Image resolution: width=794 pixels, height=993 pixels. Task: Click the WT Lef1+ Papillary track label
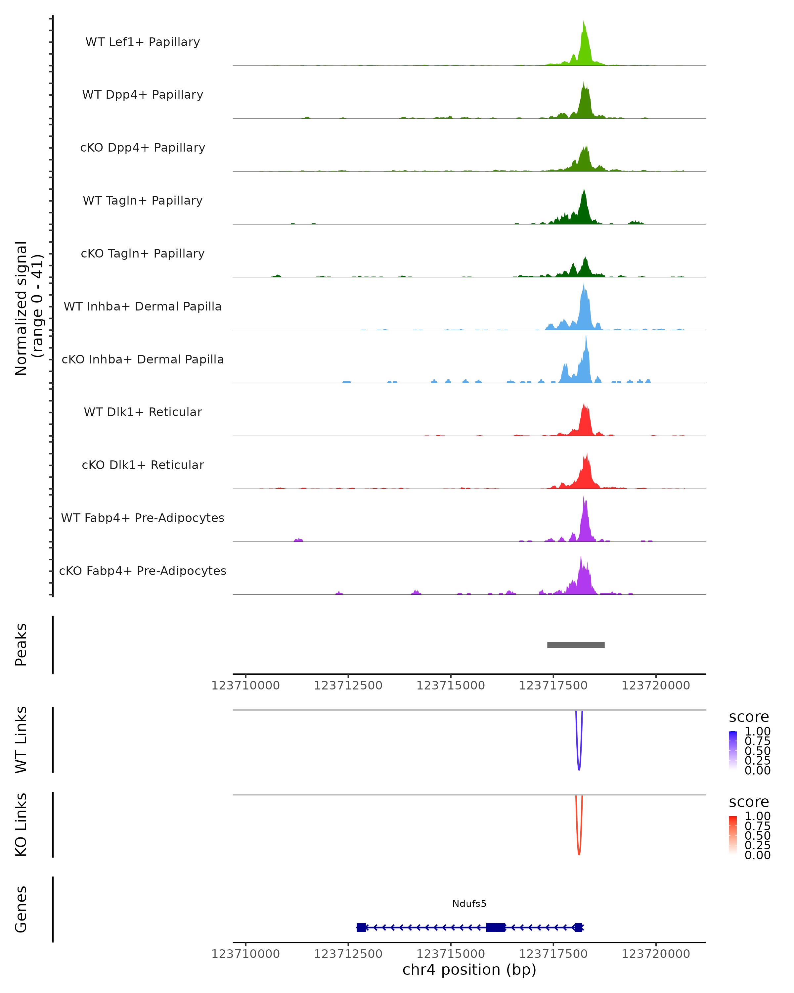click(143, 42)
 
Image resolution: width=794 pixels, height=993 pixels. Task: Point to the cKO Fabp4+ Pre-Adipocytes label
click(143, 571)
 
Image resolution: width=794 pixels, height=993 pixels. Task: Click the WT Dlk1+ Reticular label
click(143, 412)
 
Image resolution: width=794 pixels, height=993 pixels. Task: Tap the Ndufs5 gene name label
click(469, 903)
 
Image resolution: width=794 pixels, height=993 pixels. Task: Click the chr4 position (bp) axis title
click(469, 969)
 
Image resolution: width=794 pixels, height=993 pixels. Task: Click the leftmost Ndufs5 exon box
click(361, 927)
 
